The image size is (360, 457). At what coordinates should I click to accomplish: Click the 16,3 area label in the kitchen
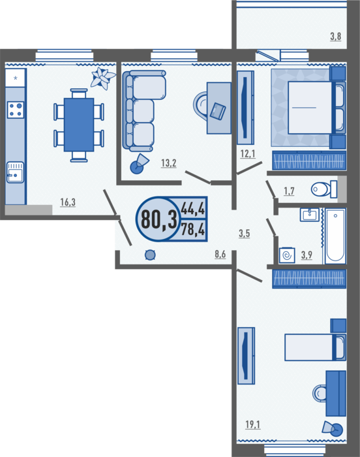[x=68, y=202]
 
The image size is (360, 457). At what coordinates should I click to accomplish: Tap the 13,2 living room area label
[x=169, y=163]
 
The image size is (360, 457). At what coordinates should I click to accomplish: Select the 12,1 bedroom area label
[x=248, y=153]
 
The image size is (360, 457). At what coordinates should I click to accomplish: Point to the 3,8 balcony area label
[x=335, y=37]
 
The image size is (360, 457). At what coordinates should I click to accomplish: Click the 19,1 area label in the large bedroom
[x=253, y=424]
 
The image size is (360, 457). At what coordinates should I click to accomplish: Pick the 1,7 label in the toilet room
[x=289, y=191]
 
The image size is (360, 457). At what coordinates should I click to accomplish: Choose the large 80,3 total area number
[x=158, y=219]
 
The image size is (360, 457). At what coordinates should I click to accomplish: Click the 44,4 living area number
[x=193, y=209]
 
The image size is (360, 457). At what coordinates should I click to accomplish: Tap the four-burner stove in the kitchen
[x=16, y=110]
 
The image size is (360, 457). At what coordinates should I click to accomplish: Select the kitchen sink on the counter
[x=15, y=172]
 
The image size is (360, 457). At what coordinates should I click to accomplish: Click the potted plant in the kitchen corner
[x=102, y=78]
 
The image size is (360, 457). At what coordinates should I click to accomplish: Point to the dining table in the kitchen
[x=79, y=125]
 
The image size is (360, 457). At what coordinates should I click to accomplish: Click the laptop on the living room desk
[x=218, y=111]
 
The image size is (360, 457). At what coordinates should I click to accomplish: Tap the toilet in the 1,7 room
[x=324, y=189]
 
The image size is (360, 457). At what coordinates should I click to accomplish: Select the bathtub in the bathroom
[x=335, y=236]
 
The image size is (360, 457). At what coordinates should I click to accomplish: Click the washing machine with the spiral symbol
[x=287, y=256]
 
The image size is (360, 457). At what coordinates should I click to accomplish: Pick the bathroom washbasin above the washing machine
[x=310, y=215]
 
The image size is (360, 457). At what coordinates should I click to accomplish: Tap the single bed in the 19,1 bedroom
[x=315, y=347]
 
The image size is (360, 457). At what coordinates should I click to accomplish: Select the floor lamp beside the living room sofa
[x=139, y=164]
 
